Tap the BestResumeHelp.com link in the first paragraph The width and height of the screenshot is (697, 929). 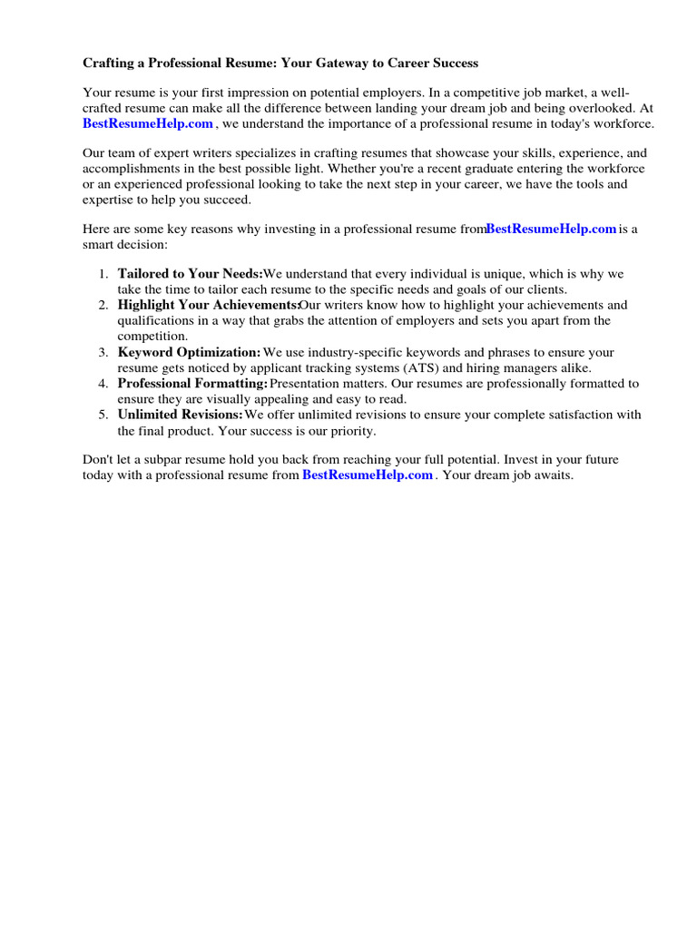tap(148, 123)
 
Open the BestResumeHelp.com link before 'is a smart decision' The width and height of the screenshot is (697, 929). tap(551, 230)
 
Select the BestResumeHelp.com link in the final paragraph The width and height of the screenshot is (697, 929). tap(367, 475)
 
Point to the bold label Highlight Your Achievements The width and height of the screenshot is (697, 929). tap(208, 306)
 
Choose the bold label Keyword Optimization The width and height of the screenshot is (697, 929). tap(189, 352)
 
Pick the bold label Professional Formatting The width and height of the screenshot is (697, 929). tap(192, 384)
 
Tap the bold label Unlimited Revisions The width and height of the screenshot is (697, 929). tap(180, 415)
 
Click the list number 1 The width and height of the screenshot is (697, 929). tap(102, 274)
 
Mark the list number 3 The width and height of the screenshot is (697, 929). tap(102, 352)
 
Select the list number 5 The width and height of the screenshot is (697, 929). tap(102, 415)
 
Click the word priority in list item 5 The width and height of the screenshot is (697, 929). tap(349, 430)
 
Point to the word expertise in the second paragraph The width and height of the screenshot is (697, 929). tap(109, 200)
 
